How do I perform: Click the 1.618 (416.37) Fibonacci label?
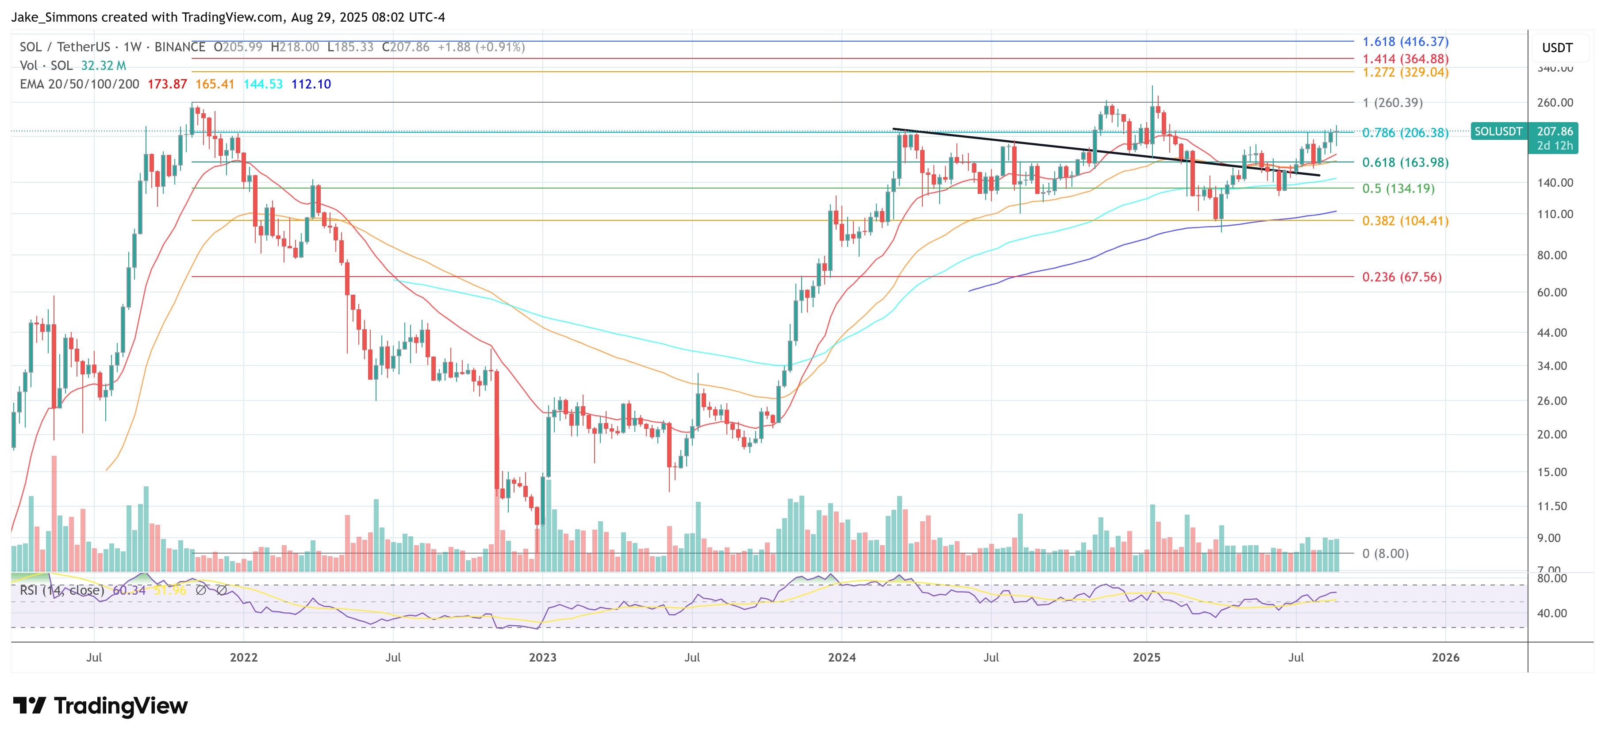[1405, 42]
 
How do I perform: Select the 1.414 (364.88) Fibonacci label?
[1405, 58]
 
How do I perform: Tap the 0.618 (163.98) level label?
[1405, 163]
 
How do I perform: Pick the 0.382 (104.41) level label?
[1405, 221]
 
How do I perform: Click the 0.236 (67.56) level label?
[1402, 277]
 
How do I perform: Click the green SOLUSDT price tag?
[1498, 131]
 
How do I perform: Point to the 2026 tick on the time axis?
[1445, 658]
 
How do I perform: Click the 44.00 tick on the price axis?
[1551, 333]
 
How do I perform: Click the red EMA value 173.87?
[167, 84]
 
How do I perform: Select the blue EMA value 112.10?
[311, 84]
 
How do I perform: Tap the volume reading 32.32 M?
[104, 65]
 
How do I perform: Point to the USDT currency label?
[1557, 48]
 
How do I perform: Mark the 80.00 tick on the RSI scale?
[1551, 578]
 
